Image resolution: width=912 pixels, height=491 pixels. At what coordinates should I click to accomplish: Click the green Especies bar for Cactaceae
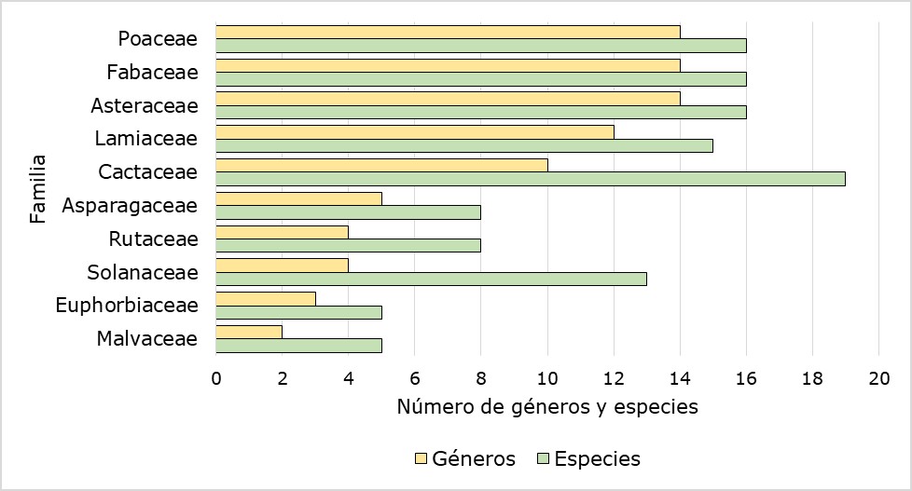click(530, 179)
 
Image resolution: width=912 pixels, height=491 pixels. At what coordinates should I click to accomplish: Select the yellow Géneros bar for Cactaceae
click(381, 165)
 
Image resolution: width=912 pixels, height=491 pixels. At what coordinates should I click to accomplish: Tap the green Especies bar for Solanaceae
click(431, 279)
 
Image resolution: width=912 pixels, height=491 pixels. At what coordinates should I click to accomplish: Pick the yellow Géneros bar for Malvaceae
click(248, 332)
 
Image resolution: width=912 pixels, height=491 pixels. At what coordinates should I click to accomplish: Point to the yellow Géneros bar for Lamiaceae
click(415, 132)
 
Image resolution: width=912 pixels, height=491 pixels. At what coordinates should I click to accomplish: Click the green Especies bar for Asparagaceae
click(348, 212)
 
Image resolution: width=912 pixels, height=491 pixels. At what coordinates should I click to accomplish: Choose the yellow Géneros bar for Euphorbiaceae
click(265, 298)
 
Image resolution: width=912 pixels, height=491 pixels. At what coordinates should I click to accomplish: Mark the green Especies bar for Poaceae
click(480, 46)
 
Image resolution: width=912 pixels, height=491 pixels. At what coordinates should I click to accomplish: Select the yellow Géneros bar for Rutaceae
click(282, 232)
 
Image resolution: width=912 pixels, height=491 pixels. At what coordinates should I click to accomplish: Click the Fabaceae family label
click(152, 72)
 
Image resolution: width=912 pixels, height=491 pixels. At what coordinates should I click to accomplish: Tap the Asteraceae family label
click(145, 105)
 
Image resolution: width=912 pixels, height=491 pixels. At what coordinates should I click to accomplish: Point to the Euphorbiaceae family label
click(127, 305)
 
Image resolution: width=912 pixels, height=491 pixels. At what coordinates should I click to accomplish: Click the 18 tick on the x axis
click(812, 377)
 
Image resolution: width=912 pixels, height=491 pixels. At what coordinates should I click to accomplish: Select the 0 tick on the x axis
click(215, 377)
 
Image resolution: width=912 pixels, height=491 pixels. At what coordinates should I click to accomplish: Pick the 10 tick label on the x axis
click(547, 377)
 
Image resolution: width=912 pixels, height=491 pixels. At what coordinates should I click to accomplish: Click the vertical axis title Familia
click(38, 188)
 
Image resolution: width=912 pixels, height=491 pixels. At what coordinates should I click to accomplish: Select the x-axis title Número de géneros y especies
click(546, 407)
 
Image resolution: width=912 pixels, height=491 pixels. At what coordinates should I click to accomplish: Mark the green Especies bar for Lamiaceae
click(463, 145)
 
